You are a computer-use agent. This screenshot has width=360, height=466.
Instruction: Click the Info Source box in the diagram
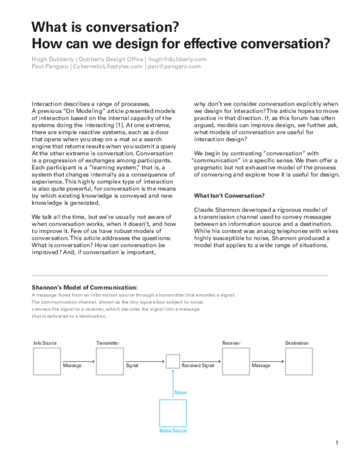[x=45, y=362]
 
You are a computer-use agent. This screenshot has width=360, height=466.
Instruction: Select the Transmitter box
[x=109, y=362]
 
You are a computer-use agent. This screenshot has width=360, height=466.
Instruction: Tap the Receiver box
[x=235, y=362]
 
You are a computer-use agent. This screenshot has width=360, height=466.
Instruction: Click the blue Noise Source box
[x=173, y=414]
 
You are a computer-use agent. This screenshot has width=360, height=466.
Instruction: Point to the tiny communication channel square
[x=173, y=362]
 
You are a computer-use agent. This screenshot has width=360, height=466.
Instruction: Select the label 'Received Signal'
[x=198, y=365]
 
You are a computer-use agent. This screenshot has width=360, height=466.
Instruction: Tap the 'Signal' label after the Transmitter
[x=132, y=365]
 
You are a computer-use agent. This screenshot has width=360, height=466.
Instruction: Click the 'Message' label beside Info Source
[x=72, y=365]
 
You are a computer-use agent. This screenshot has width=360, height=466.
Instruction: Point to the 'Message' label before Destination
[x=261, y=365]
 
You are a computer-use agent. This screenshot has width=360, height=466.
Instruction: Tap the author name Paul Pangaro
[x=50, y=67]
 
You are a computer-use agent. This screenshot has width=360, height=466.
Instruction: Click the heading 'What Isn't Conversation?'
[x=230, y=195]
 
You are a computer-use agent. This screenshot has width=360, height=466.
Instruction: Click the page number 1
[x=337, y=443]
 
